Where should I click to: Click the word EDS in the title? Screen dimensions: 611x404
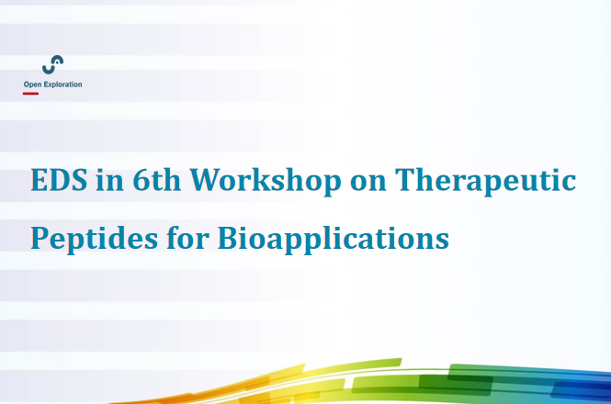tap(59, 180)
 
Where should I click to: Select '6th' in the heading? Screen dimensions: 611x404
tap(156, 179)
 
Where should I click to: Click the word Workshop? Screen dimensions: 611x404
tap(266, 180)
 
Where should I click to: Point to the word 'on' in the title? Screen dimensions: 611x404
tap(368, 184)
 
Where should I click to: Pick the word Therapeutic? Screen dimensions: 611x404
tap(485, 180)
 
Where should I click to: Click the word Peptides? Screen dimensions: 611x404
tap(95, 238)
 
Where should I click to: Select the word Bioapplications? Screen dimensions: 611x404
tap(334, 238)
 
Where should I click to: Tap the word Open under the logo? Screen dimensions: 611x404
tap(33, 84)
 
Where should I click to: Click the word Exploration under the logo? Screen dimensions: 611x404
tap(62, 84)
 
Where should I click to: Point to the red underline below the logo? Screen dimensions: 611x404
tap(30, 94)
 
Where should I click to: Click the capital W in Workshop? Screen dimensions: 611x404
tap(206, 180)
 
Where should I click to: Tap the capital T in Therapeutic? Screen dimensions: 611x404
tap(407, 180)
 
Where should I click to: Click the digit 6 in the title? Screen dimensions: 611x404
tap(141, 180)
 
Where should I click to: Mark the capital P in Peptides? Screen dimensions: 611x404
tap(40, 238)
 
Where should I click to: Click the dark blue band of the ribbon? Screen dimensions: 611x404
tap(581, 389)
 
